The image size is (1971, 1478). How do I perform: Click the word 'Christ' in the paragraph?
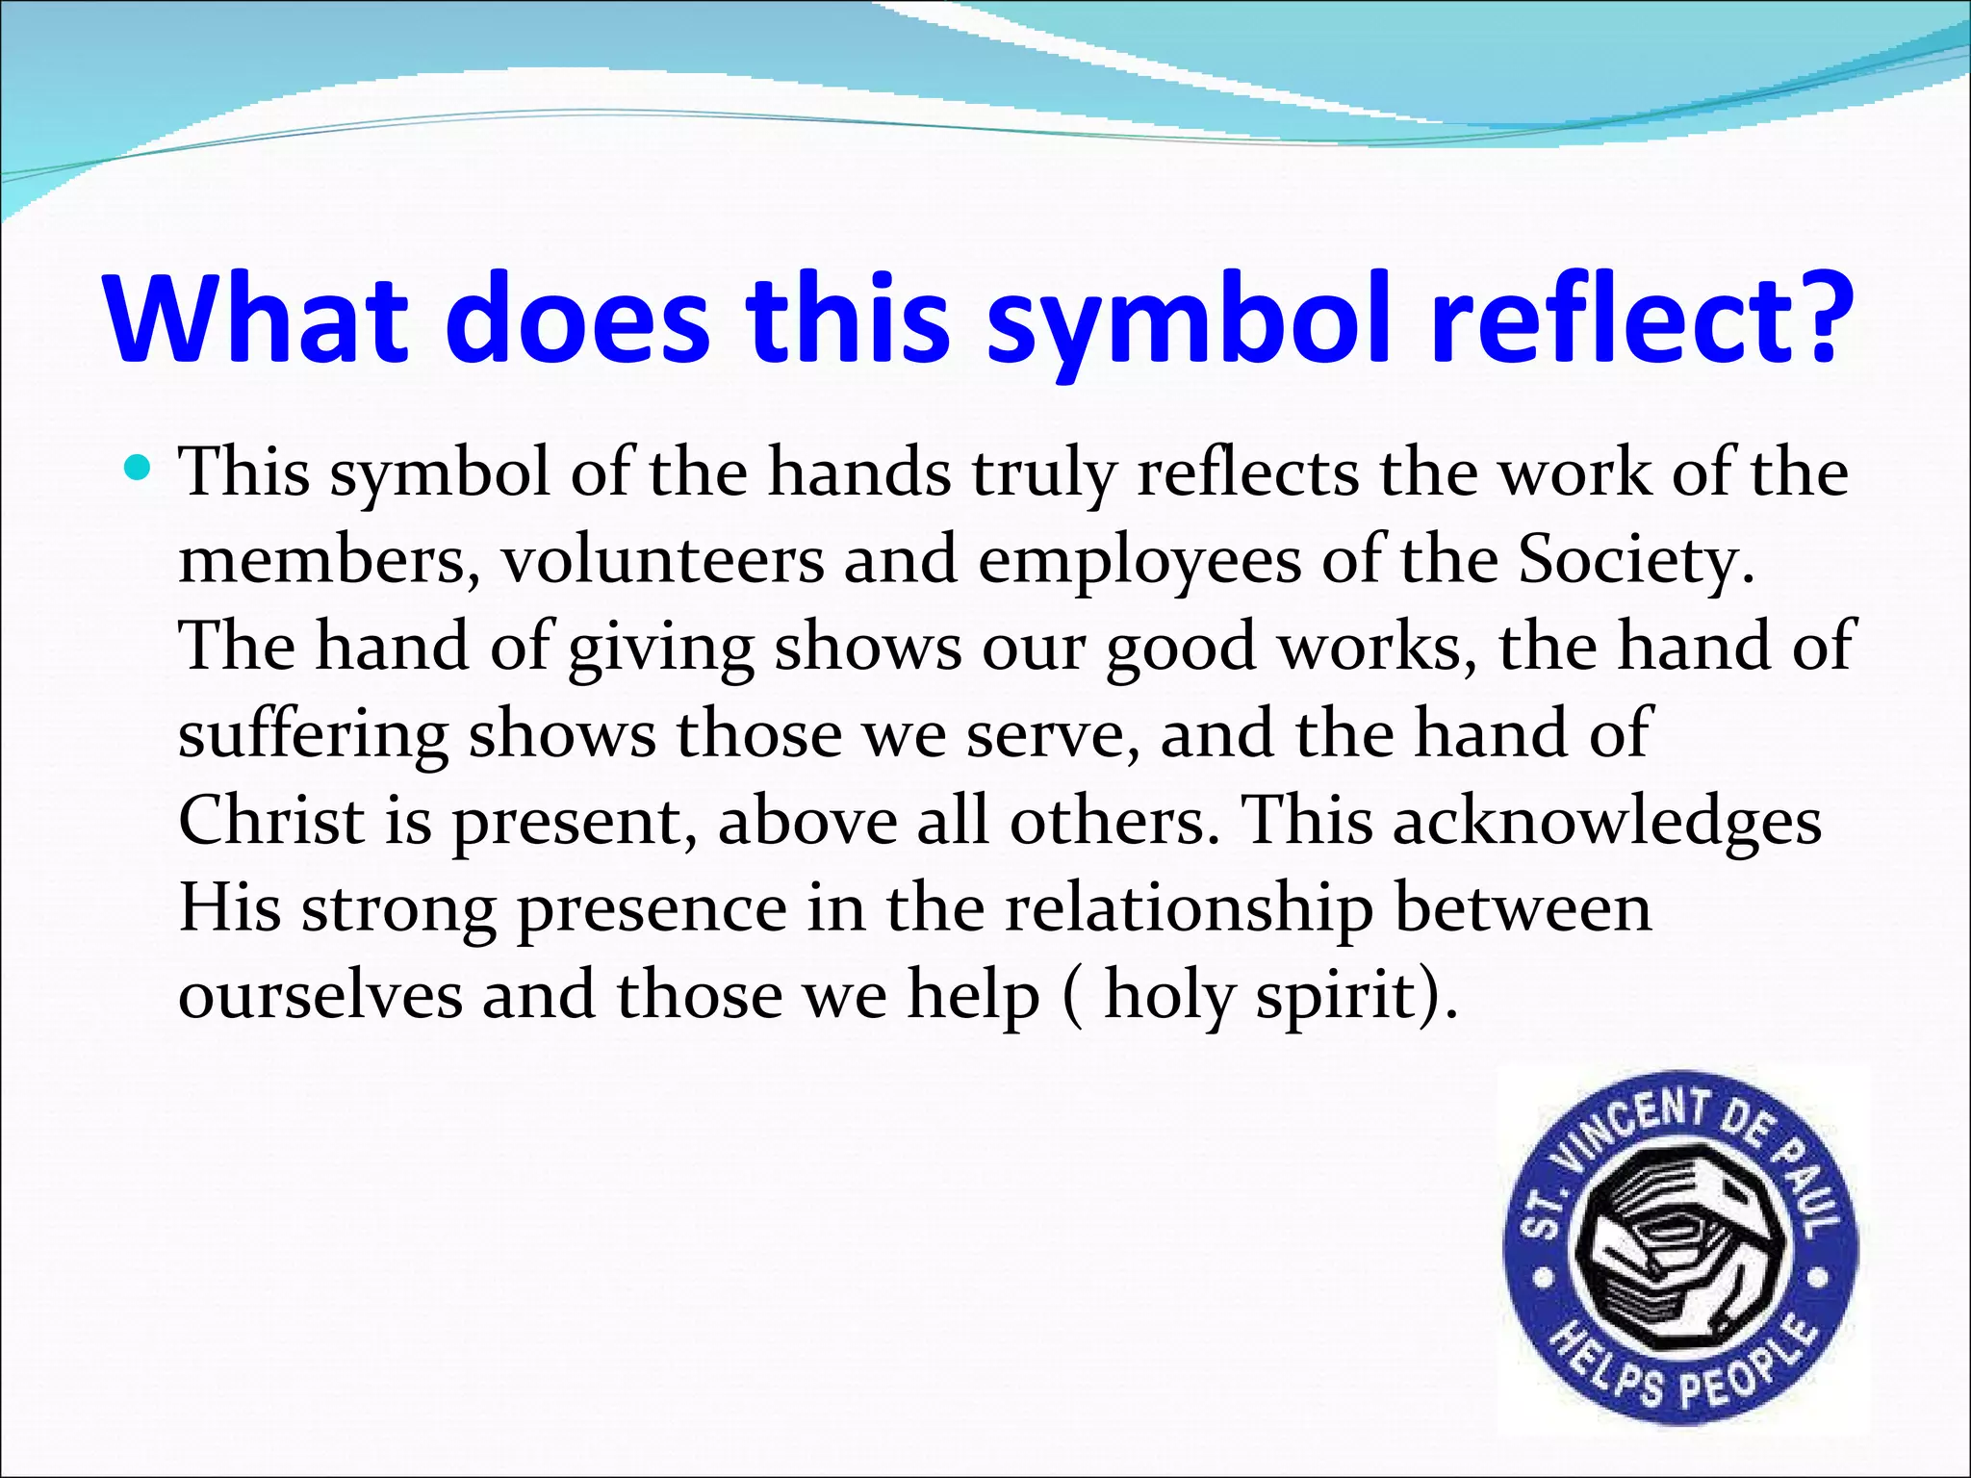coord(271,821)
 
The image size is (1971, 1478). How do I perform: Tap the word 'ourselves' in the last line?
coord(320,995)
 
